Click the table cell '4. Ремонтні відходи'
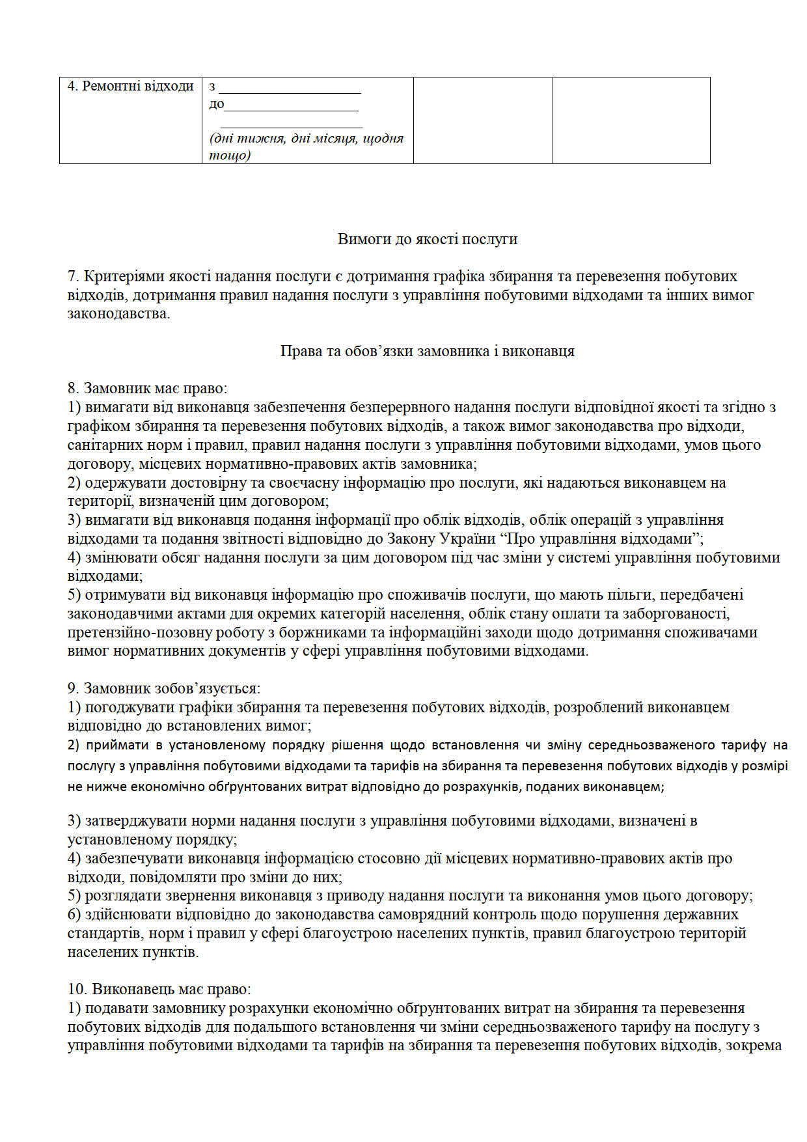(131, 86)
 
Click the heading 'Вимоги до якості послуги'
(427, 239)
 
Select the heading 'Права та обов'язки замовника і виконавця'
(427, 351)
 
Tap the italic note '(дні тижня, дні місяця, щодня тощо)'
(306, 146)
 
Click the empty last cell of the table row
(631, 120)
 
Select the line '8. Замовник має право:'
(148, 389)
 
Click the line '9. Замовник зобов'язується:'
(164, 688)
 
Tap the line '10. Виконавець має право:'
(159, 989)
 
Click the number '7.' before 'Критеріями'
(74, 276)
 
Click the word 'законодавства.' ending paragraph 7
(118, 314)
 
